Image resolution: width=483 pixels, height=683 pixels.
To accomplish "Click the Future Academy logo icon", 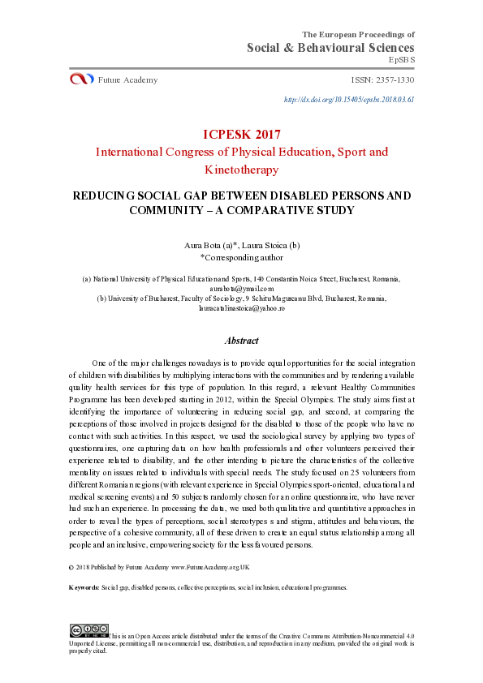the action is click(x=82, y=79).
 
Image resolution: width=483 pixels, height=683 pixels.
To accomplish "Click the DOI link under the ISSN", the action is click(x=349, y=99).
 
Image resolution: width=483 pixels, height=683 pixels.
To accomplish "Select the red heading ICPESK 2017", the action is click(x=241, y=134).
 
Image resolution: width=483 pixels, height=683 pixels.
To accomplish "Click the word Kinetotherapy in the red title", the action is click(x=241, y=170).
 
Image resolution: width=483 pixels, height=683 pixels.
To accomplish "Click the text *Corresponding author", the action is click(x=241, y=256).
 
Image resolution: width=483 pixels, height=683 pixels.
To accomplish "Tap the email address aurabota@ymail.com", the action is click(x=241, y=288).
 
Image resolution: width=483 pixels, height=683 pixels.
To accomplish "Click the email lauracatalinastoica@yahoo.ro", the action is click(x=241, y=308).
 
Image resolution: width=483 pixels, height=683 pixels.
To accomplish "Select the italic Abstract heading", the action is click(x=241, y=341).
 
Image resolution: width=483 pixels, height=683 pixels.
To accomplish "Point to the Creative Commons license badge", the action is click(x=88, y=629).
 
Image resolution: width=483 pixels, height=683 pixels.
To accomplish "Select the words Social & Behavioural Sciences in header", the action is click(x=331, y=48).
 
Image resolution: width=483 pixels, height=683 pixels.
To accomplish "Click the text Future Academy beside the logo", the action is click(x=127, y=79).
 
